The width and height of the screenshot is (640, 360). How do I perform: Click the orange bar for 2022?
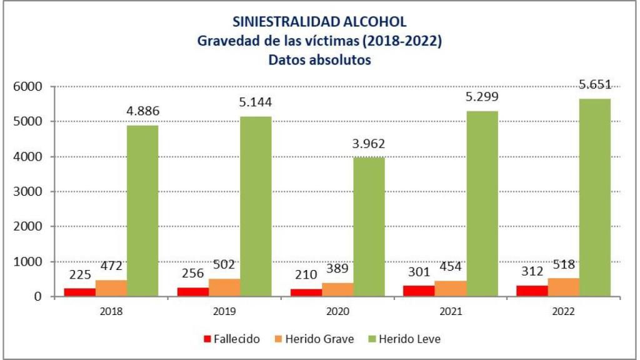tap(564, 287)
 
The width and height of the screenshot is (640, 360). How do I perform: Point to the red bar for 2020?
tap(306, 292)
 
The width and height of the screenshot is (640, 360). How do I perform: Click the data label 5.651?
tap(594, 84)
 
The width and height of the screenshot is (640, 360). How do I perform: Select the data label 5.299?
tap(481, 97)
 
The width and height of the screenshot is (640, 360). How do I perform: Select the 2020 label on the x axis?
tap(337, 311)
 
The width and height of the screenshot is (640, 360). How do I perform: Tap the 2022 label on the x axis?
tap(564, 311)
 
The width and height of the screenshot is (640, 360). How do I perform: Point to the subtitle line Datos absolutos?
tap(319, 60)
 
